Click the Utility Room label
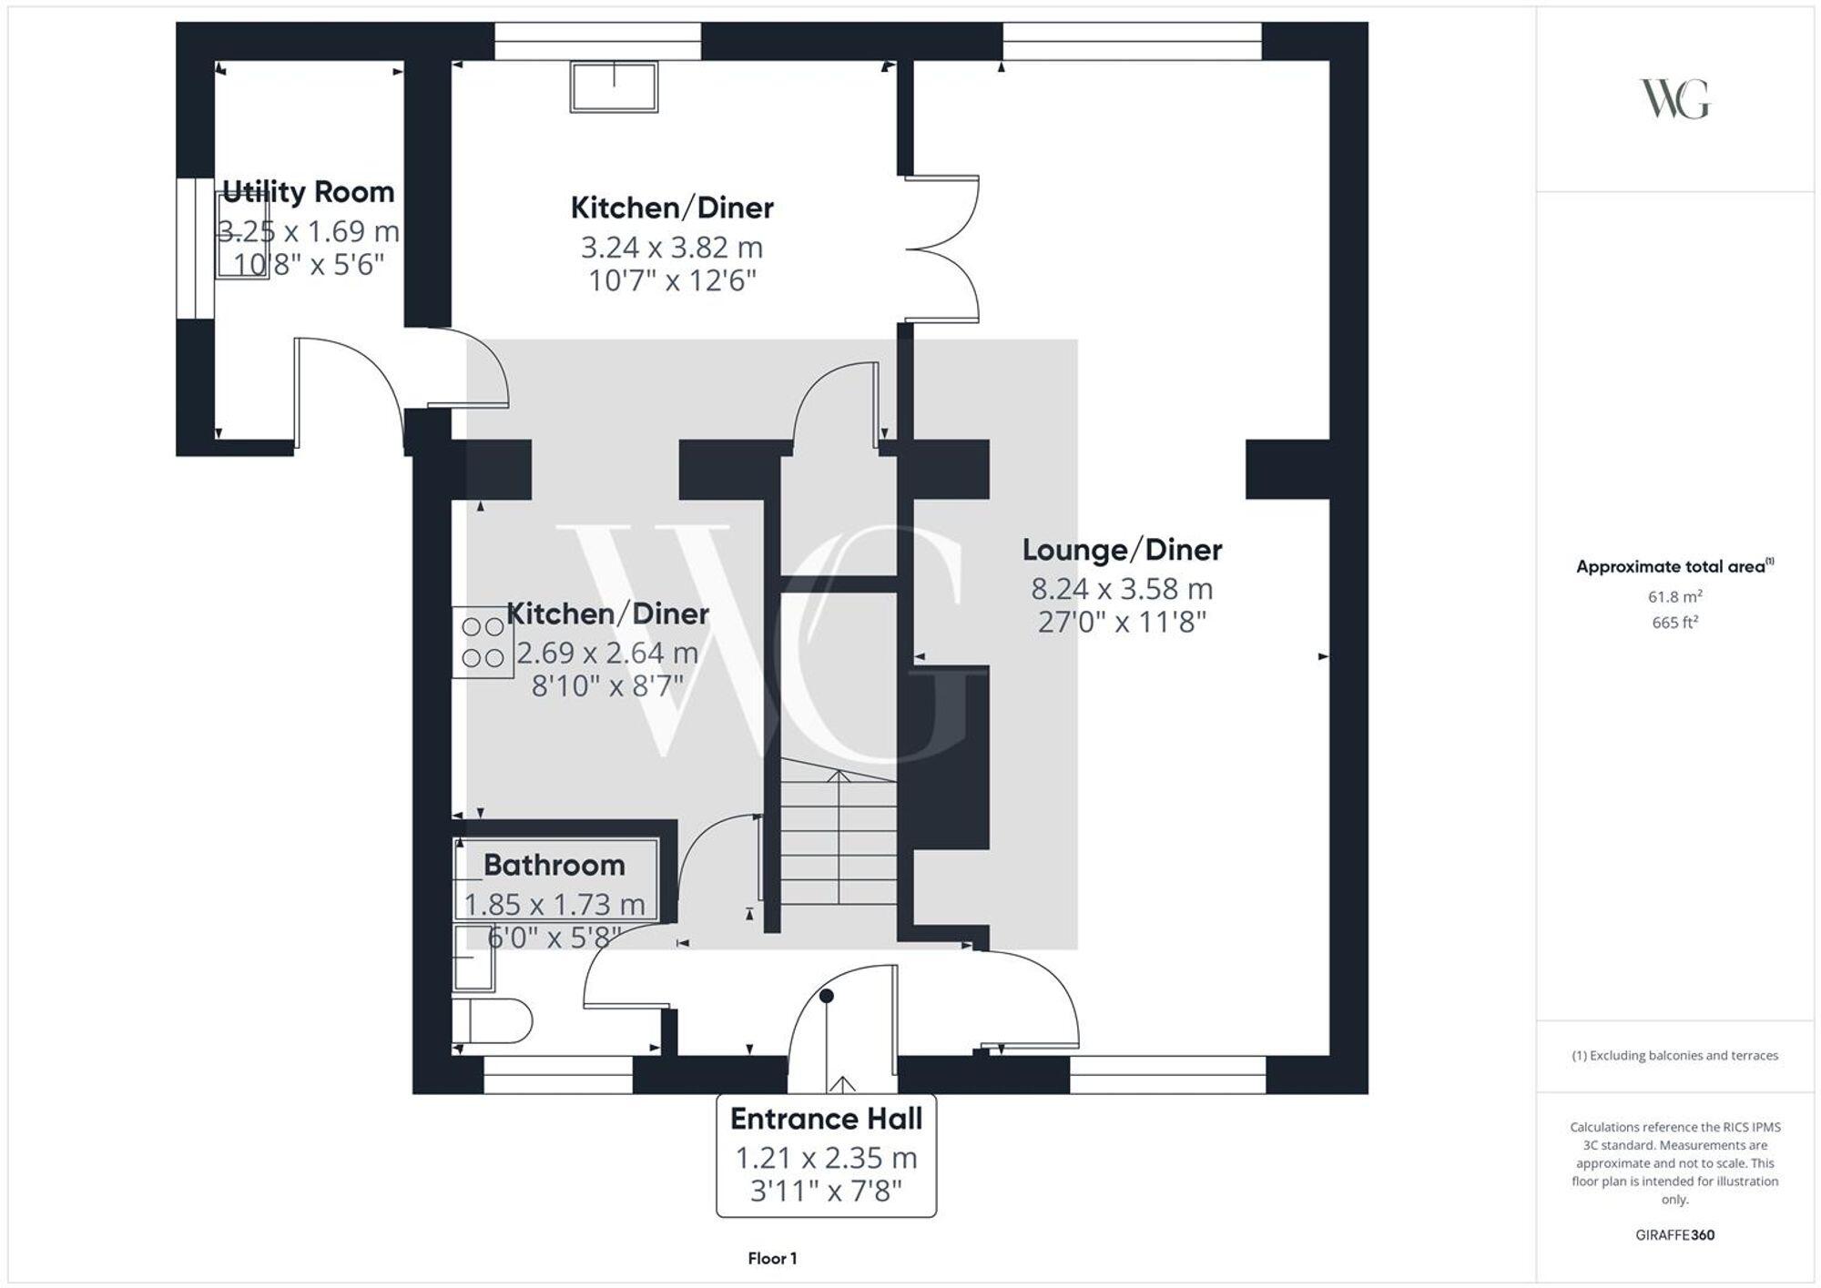point(308,192)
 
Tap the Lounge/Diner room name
point(1122,550)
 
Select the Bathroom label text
point(554,865)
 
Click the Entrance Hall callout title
point(826,1119)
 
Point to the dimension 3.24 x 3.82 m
point(672,248)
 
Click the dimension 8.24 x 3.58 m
point(1122,589)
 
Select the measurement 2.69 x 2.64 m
point(607,653)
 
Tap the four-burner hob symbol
point(483,643)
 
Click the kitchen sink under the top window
point(614,87)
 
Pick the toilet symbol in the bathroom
point(492,1021)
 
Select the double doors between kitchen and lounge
point(942,248)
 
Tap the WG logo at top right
point(1674,99)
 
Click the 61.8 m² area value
point(1674,597)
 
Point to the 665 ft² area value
point(1674,623)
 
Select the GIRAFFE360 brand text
point(1674,1235)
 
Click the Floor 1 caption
point(772,1259)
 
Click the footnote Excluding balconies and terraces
point(1674,1056)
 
